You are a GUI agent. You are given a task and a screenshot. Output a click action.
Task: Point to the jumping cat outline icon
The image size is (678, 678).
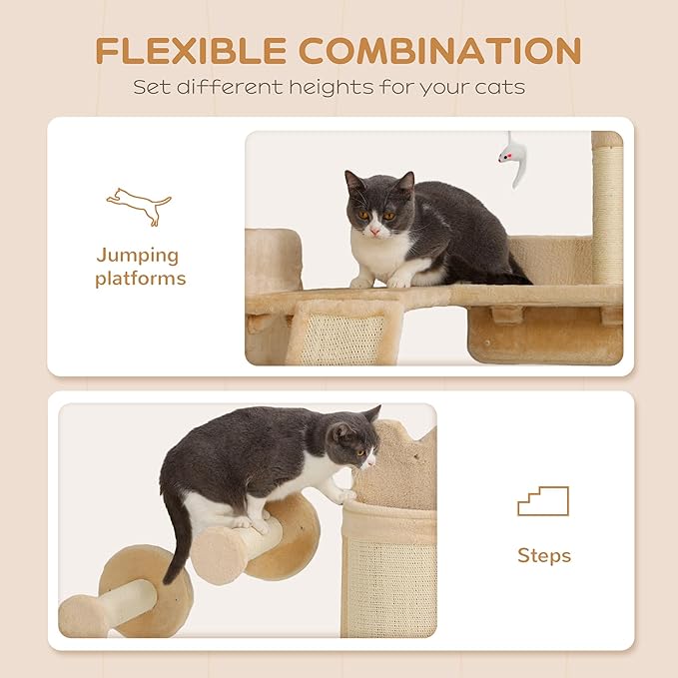coord(140,205)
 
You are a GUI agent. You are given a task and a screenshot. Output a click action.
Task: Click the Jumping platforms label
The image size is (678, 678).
coord(141,267)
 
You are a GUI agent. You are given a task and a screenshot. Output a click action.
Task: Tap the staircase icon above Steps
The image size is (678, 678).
coord(542,501)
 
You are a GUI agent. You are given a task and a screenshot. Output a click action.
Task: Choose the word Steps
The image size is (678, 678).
coord(543,555)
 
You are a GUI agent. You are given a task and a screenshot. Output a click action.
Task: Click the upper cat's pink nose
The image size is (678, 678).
coord(373,231)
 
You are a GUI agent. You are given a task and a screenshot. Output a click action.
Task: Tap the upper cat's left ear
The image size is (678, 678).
coord(354,182)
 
